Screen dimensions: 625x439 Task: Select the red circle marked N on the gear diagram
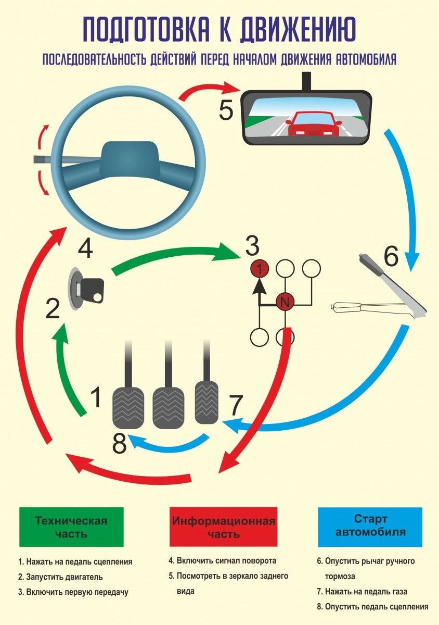click(x=285, y=301)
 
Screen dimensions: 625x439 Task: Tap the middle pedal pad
click(x=167, y=407)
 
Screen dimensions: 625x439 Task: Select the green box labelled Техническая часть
click(x=71, y=527)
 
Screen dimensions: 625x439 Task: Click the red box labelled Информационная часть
click(x=224, y=527)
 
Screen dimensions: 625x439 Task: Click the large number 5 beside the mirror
click(x=227, y=110)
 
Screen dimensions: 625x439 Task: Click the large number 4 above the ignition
click(x=86, y=248)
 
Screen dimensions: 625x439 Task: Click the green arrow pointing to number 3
click(x=172, y=258)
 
